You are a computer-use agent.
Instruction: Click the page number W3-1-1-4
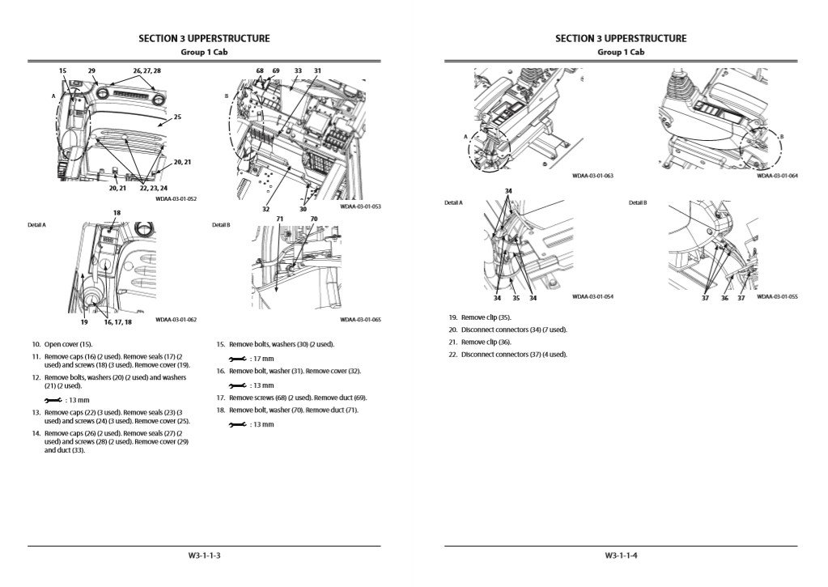coord(621,555)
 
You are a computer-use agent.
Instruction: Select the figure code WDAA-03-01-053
coord(360,206)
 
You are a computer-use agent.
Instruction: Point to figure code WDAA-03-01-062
coord(176,320)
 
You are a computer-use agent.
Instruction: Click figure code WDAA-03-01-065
coord(360,320)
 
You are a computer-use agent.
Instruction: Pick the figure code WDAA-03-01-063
coord(592,176)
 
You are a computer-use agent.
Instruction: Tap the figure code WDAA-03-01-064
coord(777,176)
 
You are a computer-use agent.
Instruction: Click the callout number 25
coord(177,117)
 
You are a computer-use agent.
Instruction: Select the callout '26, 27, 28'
coord(147,71)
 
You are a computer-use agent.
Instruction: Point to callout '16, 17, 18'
coord(118,322)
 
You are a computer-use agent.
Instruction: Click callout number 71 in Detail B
coord(279,219)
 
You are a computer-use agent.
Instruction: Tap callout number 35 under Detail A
coord(514,298)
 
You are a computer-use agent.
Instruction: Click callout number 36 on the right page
coord(724,298)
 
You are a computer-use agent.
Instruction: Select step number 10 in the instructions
coord(36,344)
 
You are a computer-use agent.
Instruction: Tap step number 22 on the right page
coord(453,354)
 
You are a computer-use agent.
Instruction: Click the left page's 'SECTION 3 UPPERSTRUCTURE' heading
coord(204,38)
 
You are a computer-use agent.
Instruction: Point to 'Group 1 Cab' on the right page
coord(621,52)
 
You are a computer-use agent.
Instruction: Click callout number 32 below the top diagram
coord(265,209)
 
